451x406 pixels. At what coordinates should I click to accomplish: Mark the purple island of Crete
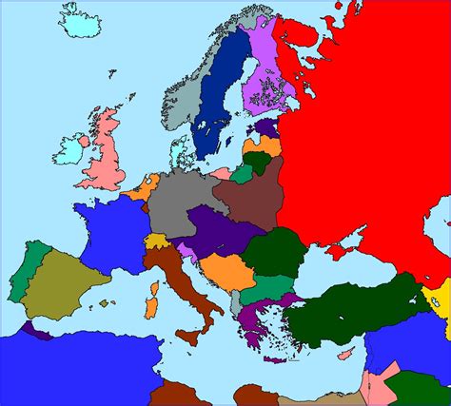point(275,359)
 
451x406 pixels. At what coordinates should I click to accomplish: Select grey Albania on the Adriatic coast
point(235,304)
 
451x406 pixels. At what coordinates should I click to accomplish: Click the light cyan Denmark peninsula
point(177,150)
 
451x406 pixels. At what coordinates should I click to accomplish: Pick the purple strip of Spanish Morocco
point(40,334)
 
